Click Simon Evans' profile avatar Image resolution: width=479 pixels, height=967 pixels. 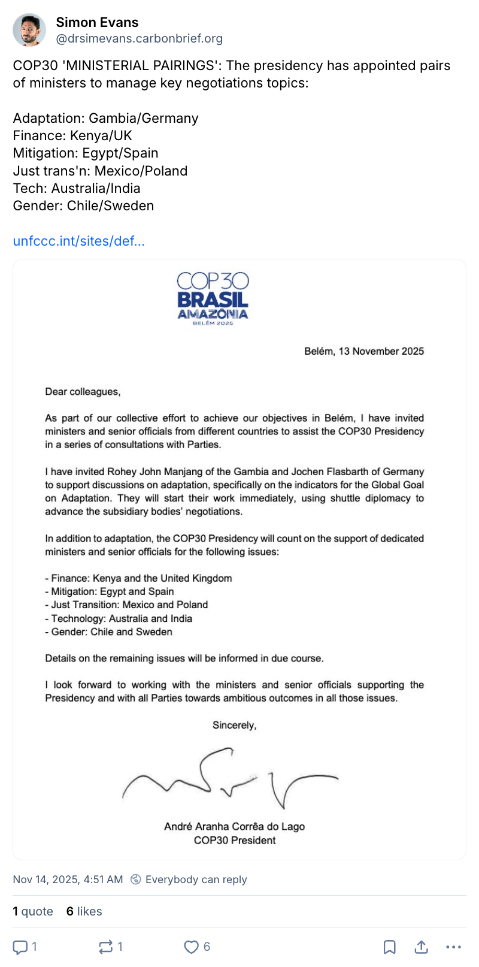tap(29, 30)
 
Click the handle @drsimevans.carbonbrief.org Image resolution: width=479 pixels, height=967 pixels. tap(139, 39)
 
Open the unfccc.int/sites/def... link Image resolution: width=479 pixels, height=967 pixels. tap(78, 241)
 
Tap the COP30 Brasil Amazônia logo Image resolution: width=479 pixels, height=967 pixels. tap(213, 298)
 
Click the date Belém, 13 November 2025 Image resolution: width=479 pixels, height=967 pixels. tap(363, 351)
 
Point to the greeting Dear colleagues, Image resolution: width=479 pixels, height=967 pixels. tap(83, 392)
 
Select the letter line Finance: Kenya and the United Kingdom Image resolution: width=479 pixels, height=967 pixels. tap(138, 578)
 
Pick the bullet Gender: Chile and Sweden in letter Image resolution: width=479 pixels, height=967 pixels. tap(108, 631)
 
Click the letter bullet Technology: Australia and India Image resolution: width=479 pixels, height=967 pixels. tap(119, 618)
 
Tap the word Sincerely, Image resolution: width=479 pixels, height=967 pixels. tap(234, 725)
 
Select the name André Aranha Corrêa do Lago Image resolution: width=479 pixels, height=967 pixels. tap(234, 827)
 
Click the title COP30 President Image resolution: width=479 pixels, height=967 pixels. tap(234, 840)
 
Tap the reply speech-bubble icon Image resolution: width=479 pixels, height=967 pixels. tap(20, 947)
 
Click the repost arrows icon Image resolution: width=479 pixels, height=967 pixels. tap(105, 947)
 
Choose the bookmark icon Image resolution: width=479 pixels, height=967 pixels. tap(389, 947)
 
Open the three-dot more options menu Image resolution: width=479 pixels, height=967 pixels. tap(454, 947)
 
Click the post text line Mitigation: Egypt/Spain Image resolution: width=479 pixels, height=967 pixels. tap(86, 153)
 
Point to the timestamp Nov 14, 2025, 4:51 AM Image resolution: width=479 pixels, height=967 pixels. tap(68, 880)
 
